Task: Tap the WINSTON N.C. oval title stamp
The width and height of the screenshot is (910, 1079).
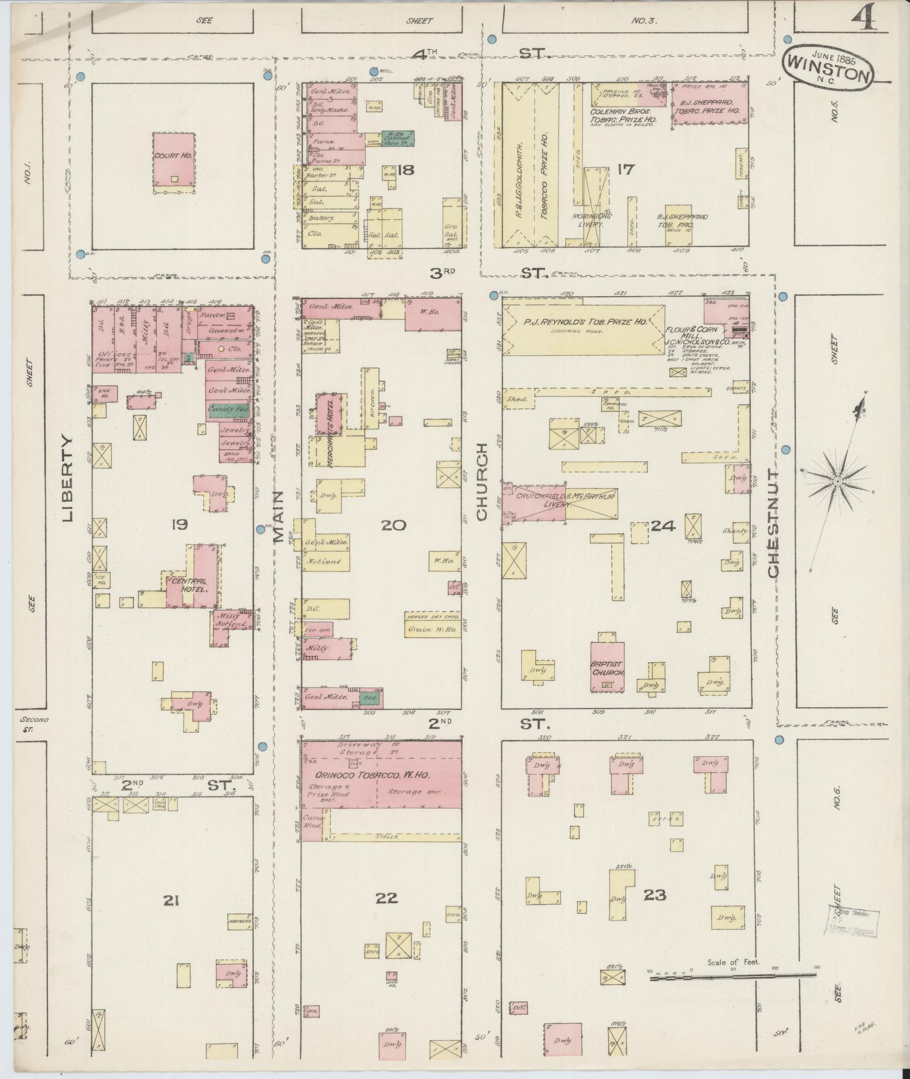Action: point(828,67)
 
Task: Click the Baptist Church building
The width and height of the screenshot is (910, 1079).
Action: point(607,667)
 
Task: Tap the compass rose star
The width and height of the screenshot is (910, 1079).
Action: point(837,481)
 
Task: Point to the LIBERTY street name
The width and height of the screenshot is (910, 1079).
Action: point(68,478)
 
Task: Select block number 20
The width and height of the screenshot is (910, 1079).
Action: point(393,526)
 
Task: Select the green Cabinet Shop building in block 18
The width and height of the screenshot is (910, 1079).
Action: point(399,137)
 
